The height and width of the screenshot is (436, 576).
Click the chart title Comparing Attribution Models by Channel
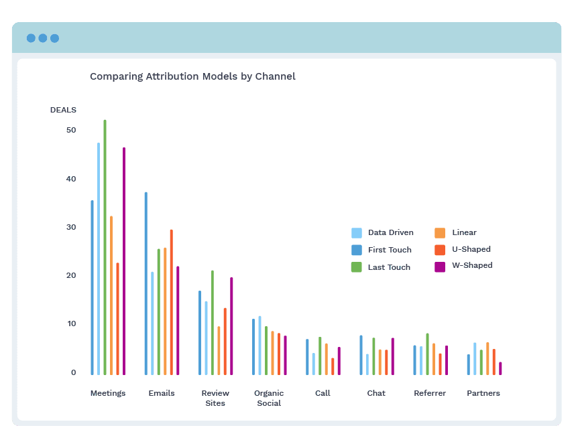[x=192, y=76]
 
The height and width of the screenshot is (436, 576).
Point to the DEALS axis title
[x=63, y=110]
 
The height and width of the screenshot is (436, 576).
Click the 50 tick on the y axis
[x=71, y=130]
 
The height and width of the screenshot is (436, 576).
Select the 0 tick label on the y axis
[x=74, y=372]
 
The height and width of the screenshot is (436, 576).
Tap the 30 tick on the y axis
[x=71, y=227]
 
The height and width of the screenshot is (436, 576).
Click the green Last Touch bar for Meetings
[x=105, y=248]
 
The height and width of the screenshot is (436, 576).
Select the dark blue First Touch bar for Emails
[x=146, y=283]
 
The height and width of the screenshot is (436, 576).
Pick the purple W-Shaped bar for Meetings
[x=124, y=261]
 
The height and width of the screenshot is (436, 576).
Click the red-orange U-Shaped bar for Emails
[x=171, y=302]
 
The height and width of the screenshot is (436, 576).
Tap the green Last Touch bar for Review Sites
[x=213, y=323]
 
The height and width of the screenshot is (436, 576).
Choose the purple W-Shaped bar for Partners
[x=500, y=368]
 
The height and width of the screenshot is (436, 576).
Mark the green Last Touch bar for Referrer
[x=427, y=354]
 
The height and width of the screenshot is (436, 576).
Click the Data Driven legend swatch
[x=357, y=233]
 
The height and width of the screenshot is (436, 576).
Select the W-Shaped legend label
[x=472, y=265]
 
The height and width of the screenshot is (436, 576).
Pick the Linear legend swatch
[x=440, y=233]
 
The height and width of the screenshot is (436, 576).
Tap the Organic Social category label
[x=269, y=398]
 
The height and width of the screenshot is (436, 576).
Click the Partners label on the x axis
[x=483, y=393]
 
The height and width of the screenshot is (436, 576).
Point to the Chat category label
[x=376, y=393]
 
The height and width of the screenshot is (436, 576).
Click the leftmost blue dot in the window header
[x=31, y=38]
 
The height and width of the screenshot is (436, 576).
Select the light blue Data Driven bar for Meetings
[x=99, y=259]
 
